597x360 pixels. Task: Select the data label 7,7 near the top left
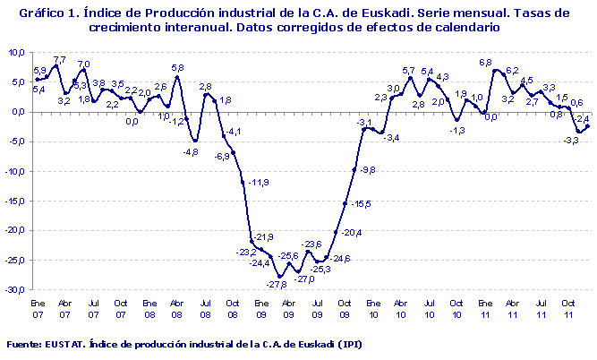click(60, 60)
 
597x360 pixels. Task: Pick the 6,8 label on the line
click(486, 63)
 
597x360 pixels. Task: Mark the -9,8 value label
click(368, 169)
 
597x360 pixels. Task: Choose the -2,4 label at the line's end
click(581, 117)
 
